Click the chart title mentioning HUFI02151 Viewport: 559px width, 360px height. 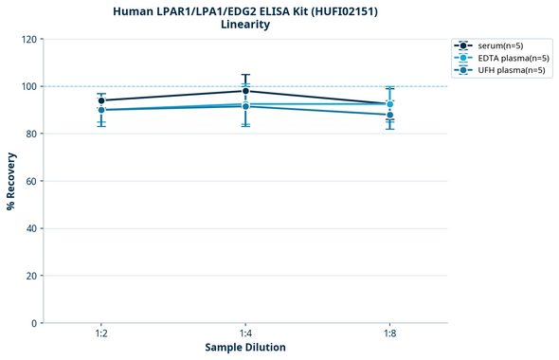coord(245,10)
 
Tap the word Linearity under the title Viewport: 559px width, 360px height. coord(245,25)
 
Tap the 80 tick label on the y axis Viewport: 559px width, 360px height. coord(30,134)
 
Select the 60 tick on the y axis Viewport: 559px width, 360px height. coord(30,181)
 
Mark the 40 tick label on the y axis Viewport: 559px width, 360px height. coord(30,228)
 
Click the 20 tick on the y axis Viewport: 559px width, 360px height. coord(30,276)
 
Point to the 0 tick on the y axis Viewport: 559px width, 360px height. coord(33,323)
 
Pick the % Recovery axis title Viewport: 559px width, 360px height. coord(11,181)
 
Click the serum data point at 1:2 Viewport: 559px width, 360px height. coord(101,100)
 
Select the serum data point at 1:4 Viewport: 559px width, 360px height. coord(245,91)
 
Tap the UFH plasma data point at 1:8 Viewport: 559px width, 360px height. coord(390,115)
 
